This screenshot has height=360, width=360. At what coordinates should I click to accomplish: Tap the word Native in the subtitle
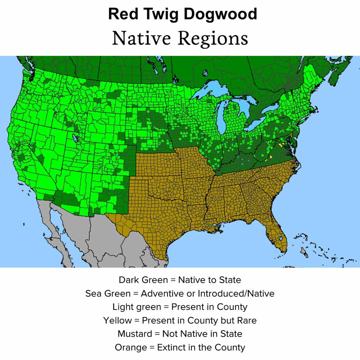142,38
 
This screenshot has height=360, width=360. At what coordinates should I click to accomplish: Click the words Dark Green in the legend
143,280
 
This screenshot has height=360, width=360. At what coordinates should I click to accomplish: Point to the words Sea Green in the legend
108,293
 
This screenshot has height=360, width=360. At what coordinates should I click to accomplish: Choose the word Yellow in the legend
117,320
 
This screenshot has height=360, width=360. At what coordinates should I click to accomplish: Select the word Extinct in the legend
171,347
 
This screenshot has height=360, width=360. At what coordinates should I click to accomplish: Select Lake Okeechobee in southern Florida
280,238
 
